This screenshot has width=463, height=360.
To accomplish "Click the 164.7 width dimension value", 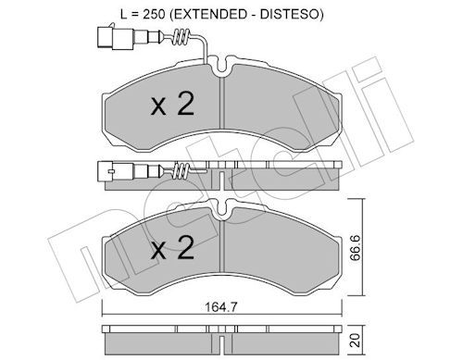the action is tap(220, 307).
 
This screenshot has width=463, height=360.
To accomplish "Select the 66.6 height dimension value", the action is tap(356, 247).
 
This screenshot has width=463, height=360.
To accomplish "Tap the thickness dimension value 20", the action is tap(356, 340).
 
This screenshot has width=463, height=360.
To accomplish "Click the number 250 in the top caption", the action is tap(154, 14).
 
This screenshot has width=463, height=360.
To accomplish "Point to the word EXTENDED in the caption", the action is tap(207, 14).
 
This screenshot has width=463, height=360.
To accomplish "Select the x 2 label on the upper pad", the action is tap(172, 104).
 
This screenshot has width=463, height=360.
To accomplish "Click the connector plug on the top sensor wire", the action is tap(115, 38).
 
